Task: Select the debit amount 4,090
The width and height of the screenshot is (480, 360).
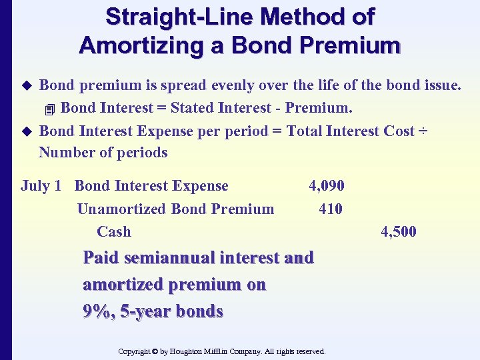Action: (x=327, y=186)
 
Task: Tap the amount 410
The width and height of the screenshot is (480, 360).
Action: (x=331, y=209)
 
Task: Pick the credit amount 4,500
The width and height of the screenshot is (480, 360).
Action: (x=399, y=231)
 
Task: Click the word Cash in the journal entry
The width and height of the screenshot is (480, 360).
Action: (x=114, y=231)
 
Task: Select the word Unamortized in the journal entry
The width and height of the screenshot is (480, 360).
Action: (x=122, y=209)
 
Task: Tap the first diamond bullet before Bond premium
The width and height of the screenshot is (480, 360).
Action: (x=27, y=85)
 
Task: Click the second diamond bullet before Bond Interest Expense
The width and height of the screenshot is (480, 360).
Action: (x=27, y=131)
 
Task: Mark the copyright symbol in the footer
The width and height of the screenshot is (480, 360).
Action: (x=155, y=351)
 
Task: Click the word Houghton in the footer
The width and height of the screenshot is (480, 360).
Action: (x=192, y=351)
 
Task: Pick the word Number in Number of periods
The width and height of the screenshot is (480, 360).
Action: (x=63, y=152)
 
